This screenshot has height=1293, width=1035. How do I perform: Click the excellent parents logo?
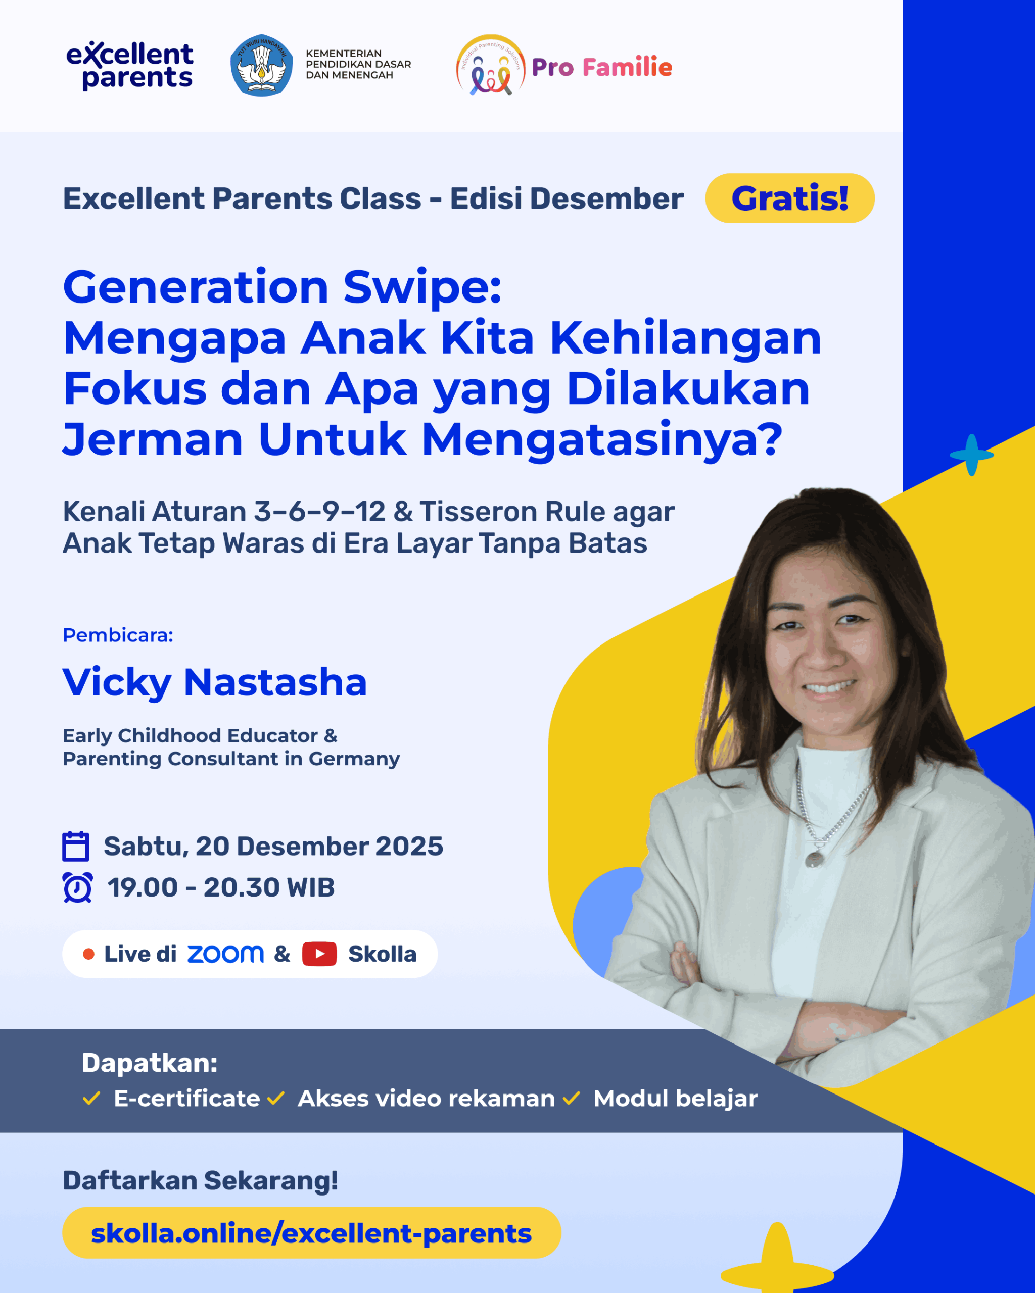129,66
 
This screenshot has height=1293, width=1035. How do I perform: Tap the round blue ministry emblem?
262,65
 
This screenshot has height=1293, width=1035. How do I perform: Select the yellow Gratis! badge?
789,198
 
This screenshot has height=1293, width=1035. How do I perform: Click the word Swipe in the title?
422,288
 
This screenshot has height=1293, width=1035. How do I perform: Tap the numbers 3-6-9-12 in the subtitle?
319,512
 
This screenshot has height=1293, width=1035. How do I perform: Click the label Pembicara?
118,635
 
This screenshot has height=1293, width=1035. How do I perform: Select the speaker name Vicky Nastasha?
215,682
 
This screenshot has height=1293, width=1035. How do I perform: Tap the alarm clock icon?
77,887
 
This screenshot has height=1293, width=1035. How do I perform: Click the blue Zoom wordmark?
225,954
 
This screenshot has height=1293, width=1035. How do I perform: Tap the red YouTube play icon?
319,954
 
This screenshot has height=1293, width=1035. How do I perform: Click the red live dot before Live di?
88,954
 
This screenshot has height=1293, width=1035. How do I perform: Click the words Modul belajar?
676,1099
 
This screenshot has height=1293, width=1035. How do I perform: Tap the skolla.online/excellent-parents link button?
311,1233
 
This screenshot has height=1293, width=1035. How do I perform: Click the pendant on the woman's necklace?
814,860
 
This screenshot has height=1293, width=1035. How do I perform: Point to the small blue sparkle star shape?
971,455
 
